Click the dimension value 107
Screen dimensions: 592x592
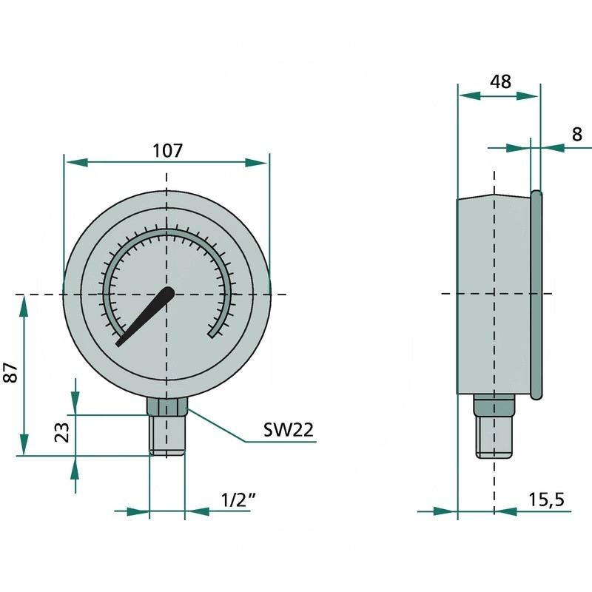pos(167,151)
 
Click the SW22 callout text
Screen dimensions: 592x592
pos(289,430)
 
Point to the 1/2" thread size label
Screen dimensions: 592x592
pos(238,499)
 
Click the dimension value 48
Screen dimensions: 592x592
pos(500,82)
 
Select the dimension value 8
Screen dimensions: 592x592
pos(577,134)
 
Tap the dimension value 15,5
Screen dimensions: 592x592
pos(547,499)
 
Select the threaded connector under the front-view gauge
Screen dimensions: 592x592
pos(167,436)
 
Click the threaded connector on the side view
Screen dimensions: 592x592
pos(494,437)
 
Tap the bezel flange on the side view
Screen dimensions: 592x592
pos(536,295)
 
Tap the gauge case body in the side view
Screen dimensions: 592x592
pos(493,296)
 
